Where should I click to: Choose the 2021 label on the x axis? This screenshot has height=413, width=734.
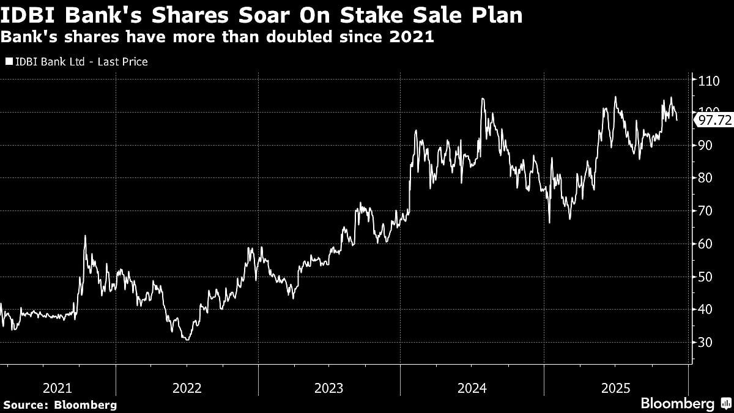58,388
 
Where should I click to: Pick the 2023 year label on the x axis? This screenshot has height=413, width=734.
328,388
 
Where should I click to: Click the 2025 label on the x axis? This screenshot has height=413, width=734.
614,388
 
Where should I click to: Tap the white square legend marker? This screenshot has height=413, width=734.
9,62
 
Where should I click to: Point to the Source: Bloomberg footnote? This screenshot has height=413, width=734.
60,404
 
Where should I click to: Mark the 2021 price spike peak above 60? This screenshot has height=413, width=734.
85,236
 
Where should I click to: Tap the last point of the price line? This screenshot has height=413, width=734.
677,121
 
